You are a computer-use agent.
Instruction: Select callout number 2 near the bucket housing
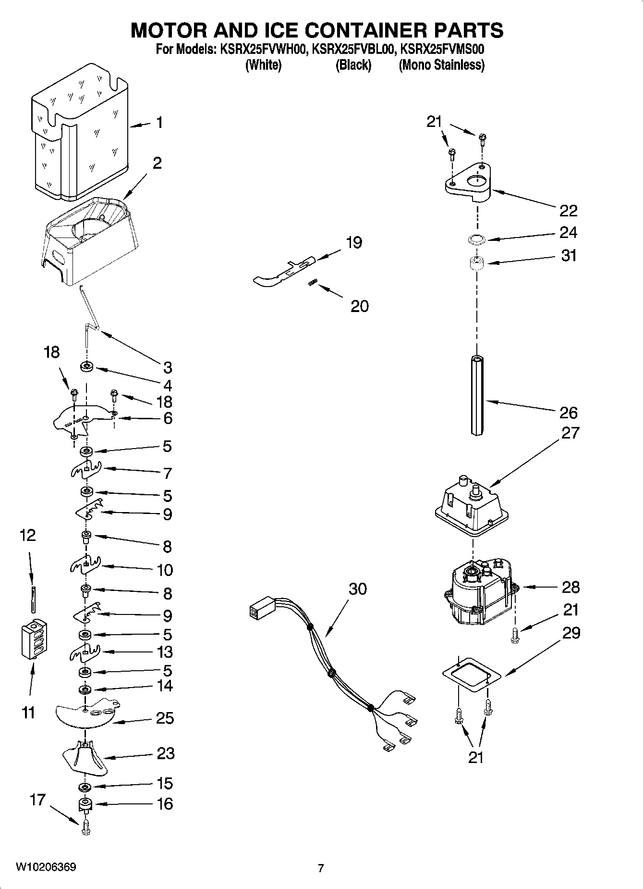pos(157,163)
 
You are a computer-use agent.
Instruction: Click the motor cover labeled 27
pos(472,510)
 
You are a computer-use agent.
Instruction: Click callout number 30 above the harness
pos(358,589)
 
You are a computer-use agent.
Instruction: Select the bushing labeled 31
pos(476,263)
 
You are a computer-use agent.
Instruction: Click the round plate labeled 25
pos(86,716)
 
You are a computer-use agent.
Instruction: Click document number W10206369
pos(46,867)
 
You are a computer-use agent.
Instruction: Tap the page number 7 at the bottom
pos(321,868)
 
